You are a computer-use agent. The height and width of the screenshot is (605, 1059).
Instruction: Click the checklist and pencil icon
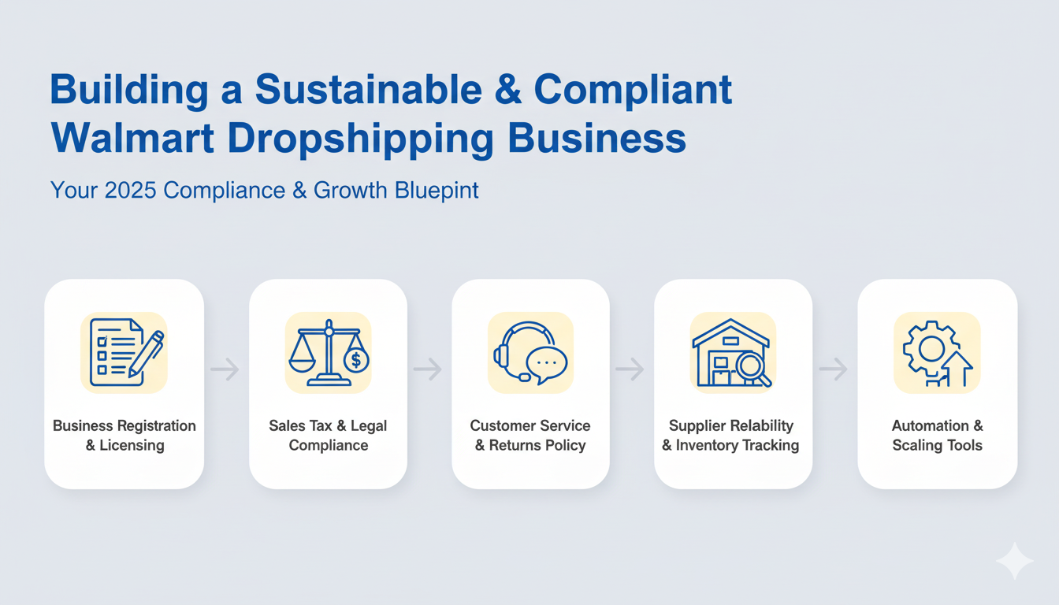124,352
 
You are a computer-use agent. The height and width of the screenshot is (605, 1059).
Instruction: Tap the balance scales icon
328,352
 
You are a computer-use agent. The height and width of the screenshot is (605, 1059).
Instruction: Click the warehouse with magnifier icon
732,352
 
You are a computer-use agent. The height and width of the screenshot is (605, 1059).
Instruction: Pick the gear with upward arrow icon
937,352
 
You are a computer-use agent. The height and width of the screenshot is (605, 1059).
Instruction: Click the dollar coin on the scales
356,360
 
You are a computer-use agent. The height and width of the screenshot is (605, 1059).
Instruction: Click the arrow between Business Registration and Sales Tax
225,369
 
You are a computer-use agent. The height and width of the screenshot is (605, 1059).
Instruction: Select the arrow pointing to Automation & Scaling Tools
834,369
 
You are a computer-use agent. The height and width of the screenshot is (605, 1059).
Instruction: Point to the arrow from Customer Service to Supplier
630,369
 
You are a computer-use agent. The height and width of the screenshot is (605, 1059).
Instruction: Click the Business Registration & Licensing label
124,436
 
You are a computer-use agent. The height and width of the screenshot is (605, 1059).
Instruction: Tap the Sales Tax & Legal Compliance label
328,436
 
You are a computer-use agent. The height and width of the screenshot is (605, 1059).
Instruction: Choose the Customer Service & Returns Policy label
530,436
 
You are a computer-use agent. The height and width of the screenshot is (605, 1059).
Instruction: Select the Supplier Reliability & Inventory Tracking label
731,436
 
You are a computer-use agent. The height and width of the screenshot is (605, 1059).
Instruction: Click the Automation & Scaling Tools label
937,436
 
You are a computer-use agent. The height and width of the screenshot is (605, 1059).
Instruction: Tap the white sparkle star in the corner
1014,561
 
